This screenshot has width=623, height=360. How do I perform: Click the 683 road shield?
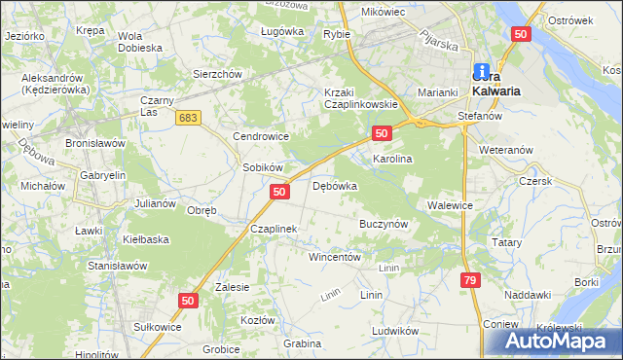click(189, 117)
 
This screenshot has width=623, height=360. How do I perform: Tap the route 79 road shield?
click(470, 280)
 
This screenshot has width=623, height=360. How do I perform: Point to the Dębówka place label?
click(335, 185)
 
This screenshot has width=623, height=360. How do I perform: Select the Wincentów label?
click(335, 258)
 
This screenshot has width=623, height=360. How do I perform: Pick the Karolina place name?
click(393, 158)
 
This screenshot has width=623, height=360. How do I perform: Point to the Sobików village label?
click(262, 167)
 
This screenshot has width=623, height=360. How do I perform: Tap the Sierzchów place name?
click(216, 73)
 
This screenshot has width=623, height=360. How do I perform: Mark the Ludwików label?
click(394, 330)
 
